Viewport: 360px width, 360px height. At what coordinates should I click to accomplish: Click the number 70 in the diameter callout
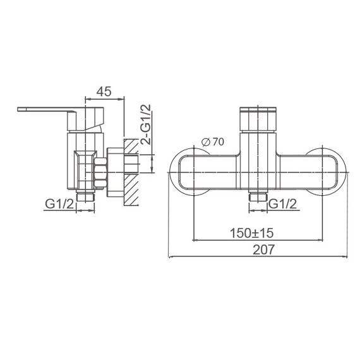click(218, 142)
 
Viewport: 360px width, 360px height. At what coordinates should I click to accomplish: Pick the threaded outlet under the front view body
click(258, 197)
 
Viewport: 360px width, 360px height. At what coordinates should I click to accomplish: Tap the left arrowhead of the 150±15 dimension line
click(195, 239)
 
